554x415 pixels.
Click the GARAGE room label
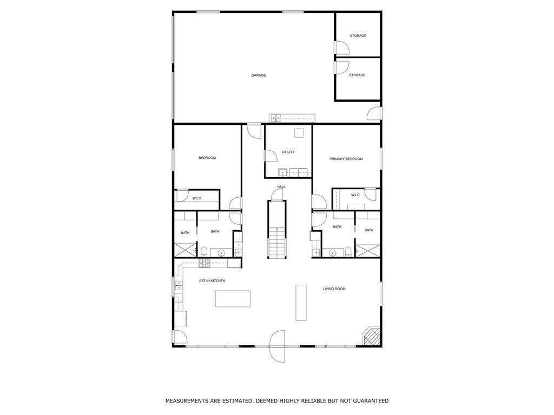(258, 75)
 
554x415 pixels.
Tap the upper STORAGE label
(358, 36)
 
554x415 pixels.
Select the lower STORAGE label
(357, 75)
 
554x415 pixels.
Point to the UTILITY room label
(288, 152)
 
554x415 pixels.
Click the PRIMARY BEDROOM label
(346, 159)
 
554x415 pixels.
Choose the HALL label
(281, 186)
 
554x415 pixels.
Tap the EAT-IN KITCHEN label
(212, 281)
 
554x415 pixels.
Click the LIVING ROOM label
(334, 289)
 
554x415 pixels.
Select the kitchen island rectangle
(233, 299)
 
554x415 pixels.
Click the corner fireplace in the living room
(372, 336)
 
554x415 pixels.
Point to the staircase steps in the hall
(276, 244)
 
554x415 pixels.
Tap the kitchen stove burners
(205, 262)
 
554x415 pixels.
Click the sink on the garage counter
(275, 117)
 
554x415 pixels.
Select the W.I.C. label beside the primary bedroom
(355, 195)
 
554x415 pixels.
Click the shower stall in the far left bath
(185, 250)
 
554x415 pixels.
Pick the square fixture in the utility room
(299, 133)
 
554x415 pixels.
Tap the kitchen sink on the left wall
(179, 285)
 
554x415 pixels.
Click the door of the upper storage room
(342, 48)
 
